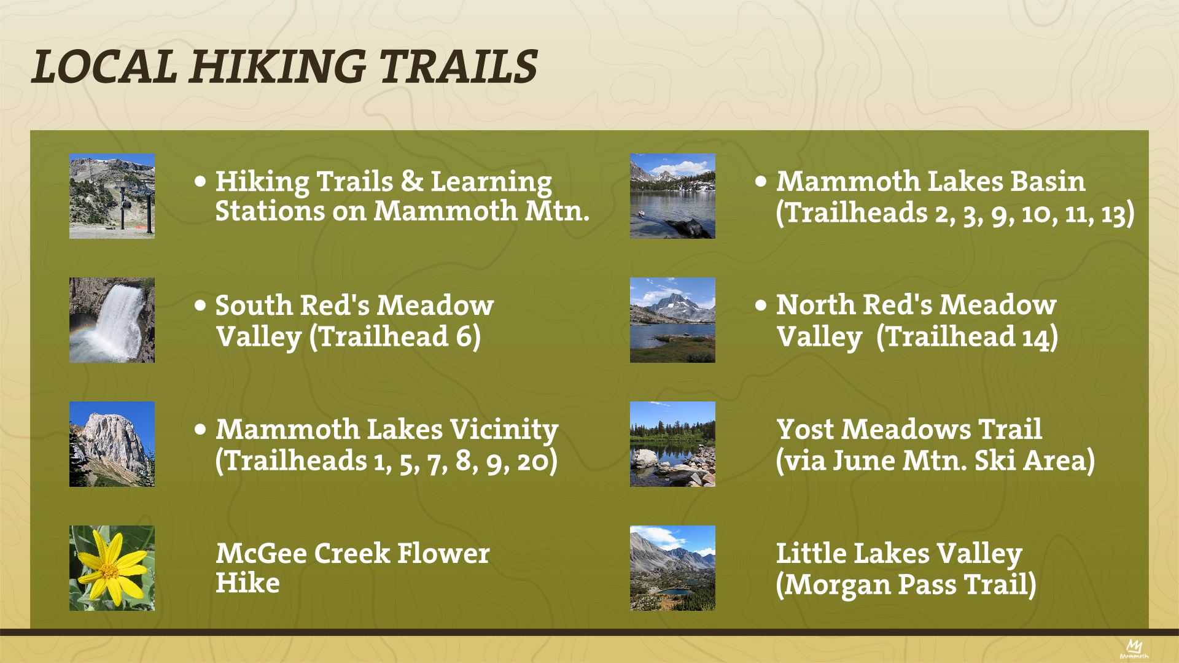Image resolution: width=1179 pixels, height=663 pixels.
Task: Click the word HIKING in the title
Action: pos(278,67)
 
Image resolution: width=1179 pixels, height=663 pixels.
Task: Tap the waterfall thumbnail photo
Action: pos(112,320)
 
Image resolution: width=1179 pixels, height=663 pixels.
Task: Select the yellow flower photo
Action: pos(112,568)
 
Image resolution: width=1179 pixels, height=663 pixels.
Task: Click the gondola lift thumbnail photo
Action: pos(112,196)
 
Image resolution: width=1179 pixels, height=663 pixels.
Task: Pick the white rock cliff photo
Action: pos(112,444)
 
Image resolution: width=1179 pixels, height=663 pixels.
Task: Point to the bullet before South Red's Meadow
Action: pos(200,305)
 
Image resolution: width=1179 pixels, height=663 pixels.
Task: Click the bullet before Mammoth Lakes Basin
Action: pos(761,181)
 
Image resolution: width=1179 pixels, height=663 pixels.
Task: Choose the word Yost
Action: pos(806,430)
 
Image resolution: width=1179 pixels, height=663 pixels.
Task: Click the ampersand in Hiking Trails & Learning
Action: pos(412,182)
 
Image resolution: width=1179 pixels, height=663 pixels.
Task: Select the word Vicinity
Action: pos(504,430)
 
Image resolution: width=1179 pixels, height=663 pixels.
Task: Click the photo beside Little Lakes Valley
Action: pos(672,568)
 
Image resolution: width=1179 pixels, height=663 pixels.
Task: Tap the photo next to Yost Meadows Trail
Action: pos(672,444)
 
